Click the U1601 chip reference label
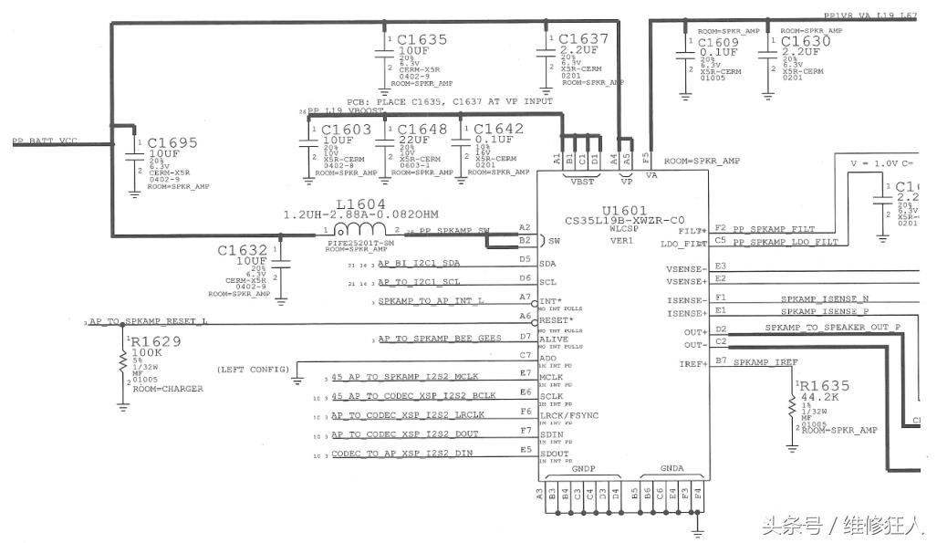[x=623, y=209]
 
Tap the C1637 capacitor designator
[x=583, y=39]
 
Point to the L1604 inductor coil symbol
[x=359, y=229]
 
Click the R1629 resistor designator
[x=156, y=341]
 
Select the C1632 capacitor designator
[x=243, y=250]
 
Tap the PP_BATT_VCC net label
[x=45, y=142]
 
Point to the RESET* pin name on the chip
[x=557, y=320]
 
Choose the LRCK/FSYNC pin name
[x=570, y=414]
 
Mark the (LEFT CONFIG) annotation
[x=251, y=370]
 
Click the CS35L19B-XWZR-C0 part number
[x=624, y=220]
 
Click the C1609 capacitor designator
[x=721, y=42]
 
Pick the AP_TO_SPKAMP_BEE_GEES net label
[x=440, y=338]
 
